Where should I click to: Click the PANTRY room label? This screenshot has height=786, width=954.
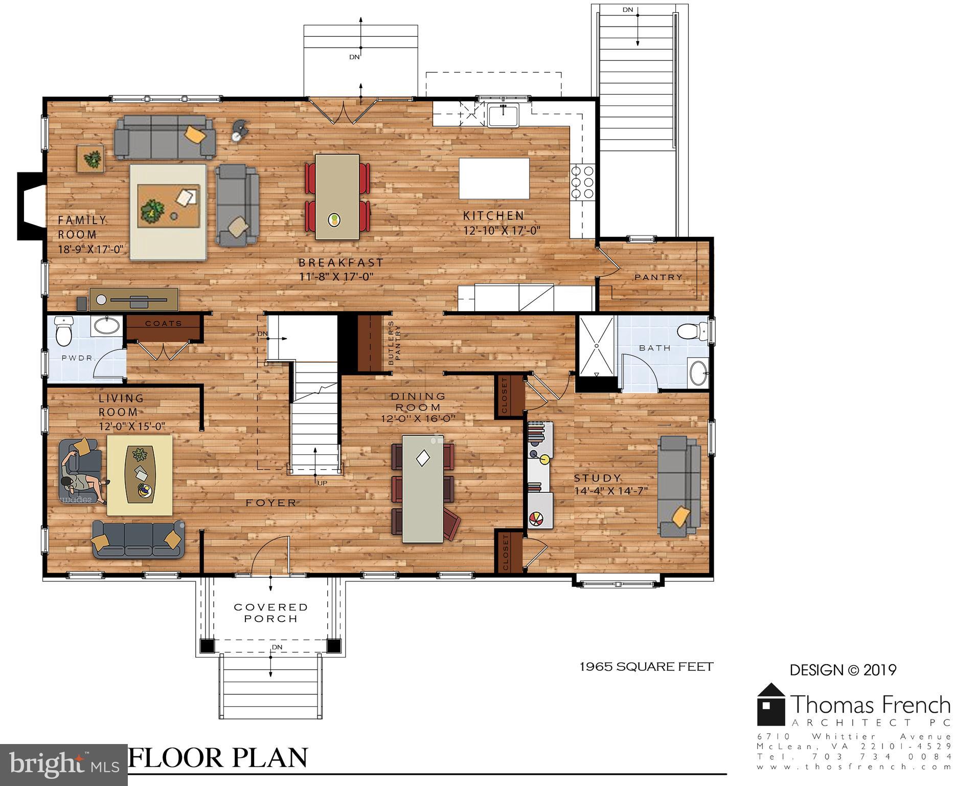pyautogui.click(x=658, y=277)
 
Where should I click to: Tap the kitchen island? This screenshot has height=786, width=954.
pyautogui.click(x=494, y=178)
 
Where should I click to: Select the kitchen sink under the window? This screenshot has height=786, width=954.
pyautogui.click(x=503, y=115)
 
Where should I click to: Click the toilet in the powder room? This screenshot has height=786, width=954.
pyautogui.click(x=64, y=332)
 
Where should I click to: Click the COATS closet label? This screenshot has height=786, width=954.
pyautogui.click(x=163, y=323)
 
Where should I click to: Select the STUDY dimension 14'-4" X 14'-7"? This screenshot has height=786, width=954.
pyautogui.click(x=611, y=491)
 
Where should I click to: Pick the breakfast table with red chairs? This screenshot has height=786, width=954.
pyautogui.click(x=337, y=197)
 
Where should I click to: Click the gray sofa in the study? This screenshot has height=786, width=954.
pyautogui.click(x=678, y=486)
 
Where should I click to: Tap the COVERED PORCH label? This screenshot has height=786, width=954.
pyautogui.click(x=270, y=613)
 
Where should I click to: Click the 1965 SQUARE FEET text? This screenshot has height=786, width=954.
pyautogui.click(x=646, y=666)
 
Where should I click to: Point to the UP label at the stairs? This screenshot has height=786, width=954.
pyautogui.click(x=322, y=483)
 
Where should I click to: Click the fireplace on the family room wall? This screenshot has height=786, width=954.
pyautogui.click(x=31, y=206)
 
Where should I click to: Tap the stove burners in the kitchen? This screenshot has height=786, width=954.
pyautogui.click(x=582, y=182)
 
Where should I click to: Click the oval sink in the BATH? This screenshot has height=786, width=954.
pyautogui.click(x=697, y=372)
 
